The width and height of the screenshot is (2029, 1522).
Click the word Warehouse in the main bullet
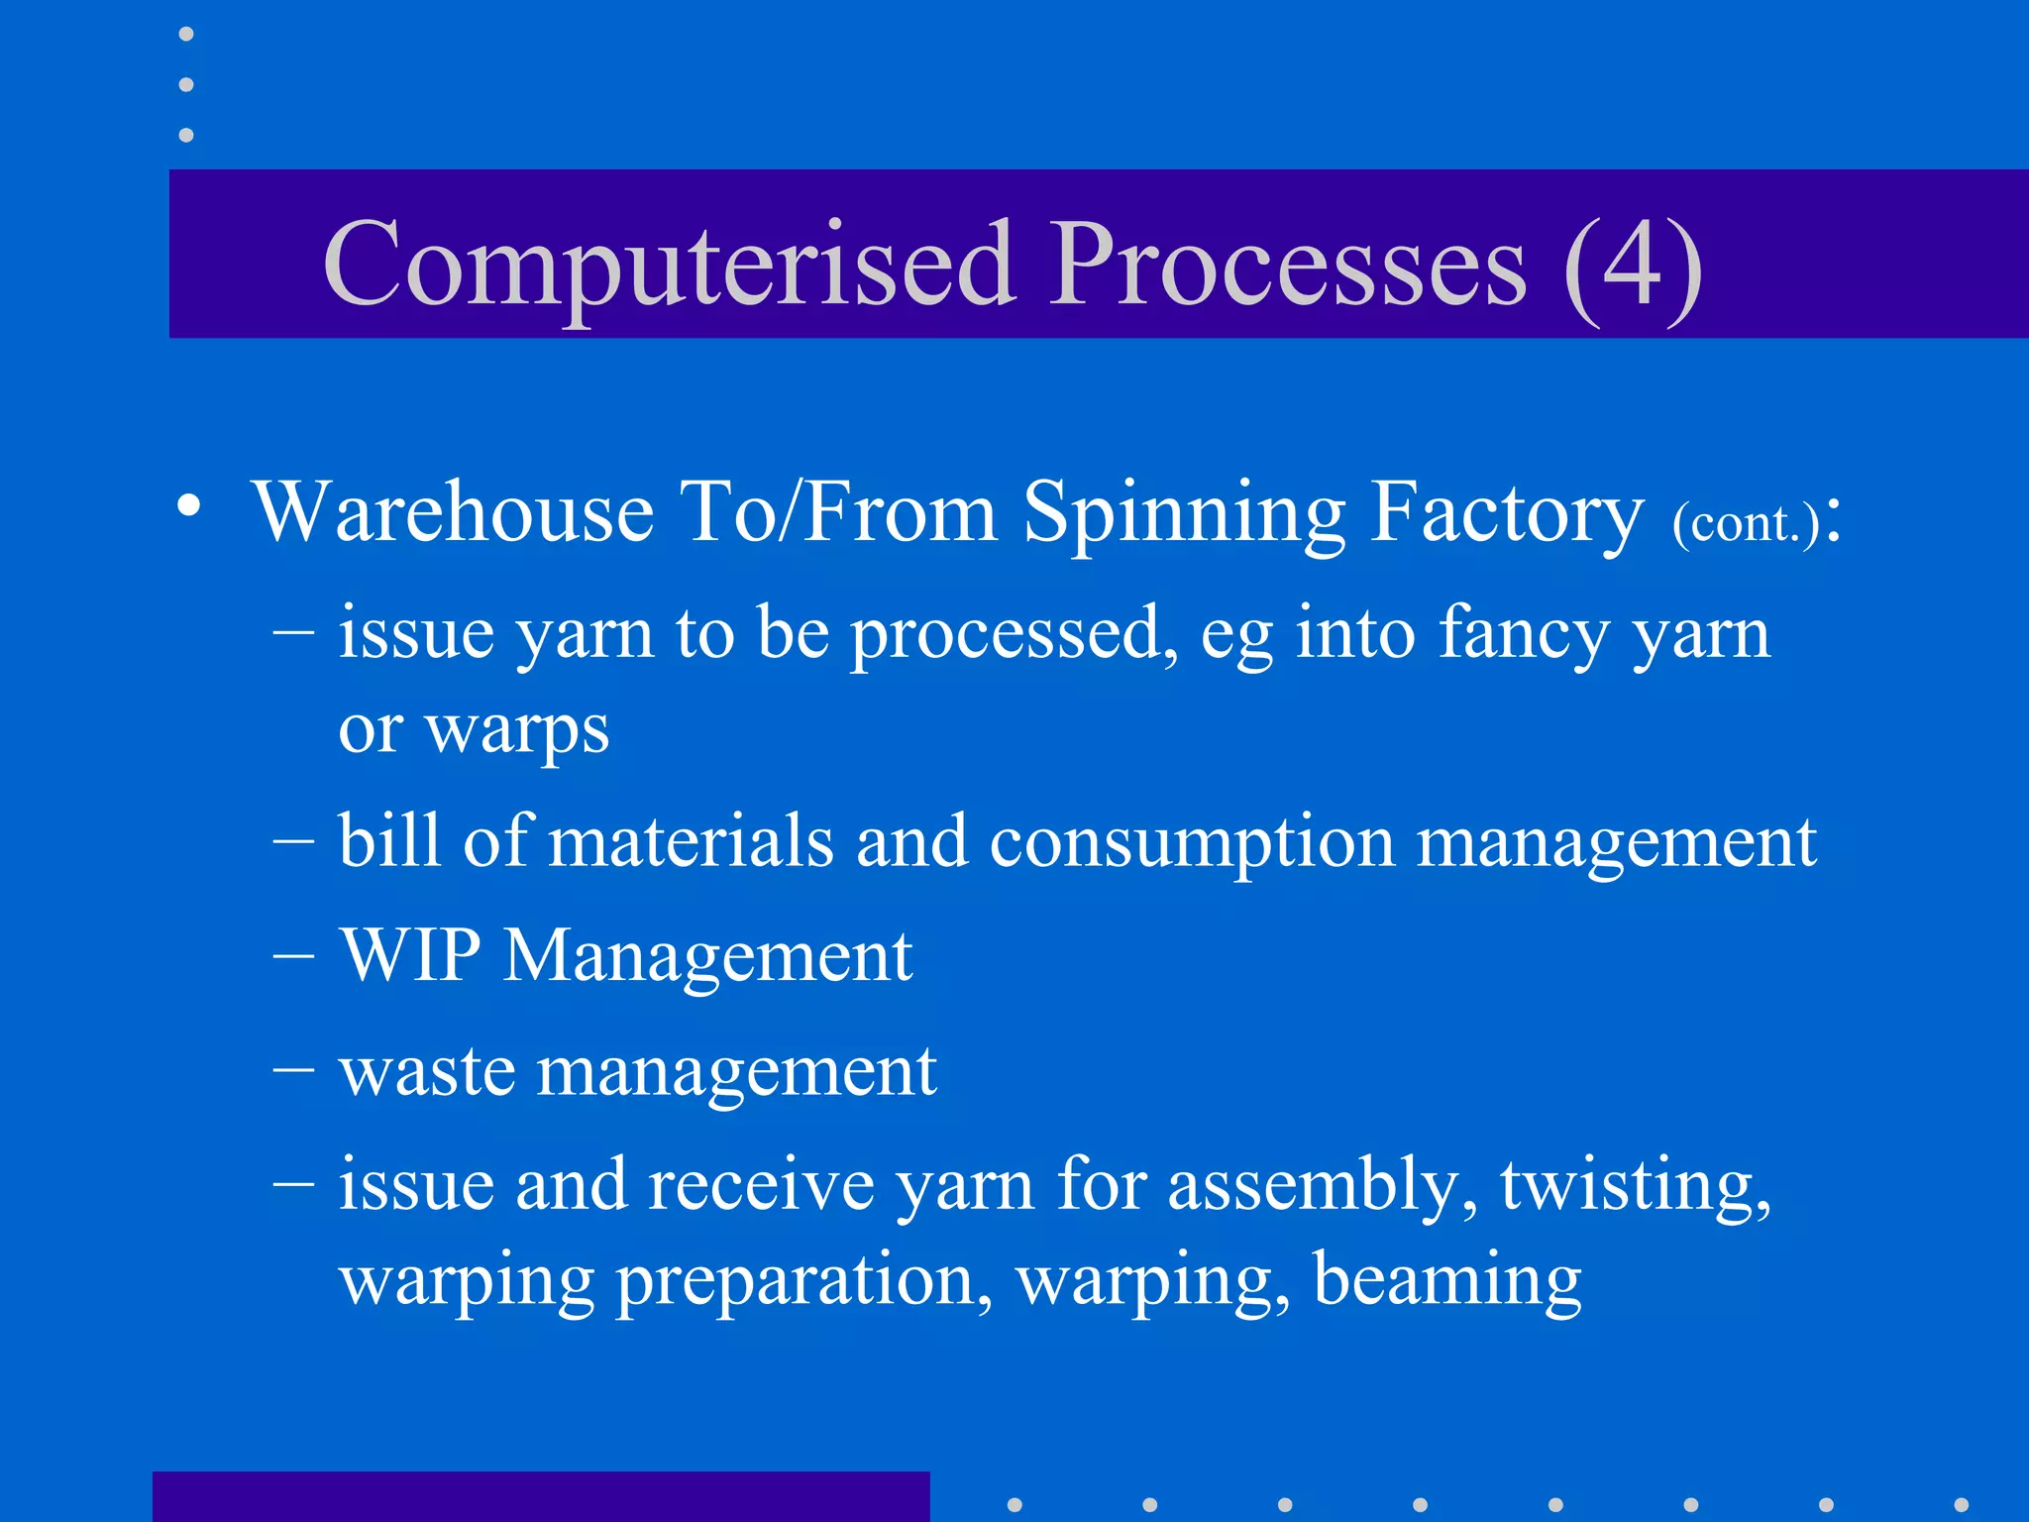[454, 512]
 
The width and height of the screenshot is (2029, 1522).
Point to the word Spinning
[1184, 512]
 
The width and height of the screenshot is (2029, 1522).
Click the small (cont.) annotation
[1746, 522]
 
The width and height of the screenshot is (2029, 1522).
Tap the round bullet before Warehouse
[188, 506]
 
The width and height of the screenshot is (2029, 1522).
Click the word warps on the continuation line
[517, 730]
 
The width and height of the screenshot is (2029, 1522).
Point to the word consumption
[1192, 843]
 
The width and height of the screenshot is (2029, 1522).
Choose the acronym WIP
[410, 956]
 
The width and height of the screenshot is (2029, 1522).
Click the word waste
[426, 1072]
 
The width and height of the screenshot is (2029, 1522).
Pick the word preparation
[804, 1281]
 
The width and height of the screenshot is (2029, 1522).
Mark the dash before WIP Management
[293, 958]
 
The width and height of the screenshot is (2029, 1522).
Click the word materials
[691, 841]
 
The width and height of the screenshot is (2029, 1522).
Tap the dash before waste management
[293, 1072]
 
